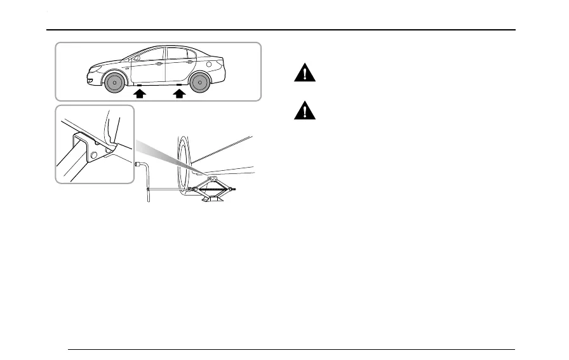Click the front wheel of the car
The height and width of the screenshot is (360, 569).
point(114,83)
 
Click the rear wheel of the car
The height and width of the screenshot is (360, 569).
point(199,83)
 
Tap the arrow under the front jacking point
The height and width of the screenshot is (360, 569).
point(140,94)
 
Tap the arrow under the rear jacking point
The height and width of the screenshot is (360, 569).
point(180,94)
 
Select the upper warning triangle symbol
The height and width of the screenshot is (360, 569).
point(305,74)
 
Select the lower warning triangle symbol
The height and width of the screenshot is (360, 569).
point(305,112)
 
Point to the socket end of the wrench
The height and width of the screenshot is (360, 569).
point(138,163)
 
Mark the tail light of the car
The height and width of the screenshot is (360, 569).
point(221,63)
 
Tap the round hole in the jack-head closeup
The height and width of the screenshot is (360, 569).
point(94,155)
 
